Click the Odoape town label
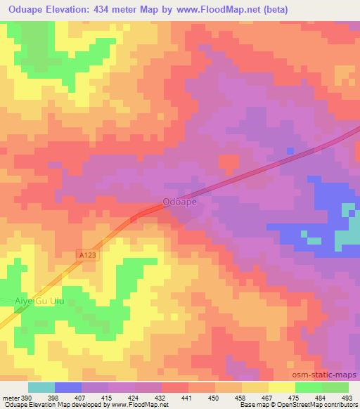pos(179,201)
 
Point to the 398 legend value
pos(53,397)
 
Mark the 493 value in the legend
pos(348,397)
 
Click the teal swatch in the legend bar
pos(41,387)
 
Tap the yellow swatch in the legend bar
pos(281,387)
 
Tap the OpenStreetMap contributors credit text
pos(319,405)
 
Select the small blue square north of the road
pos(290,151)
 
